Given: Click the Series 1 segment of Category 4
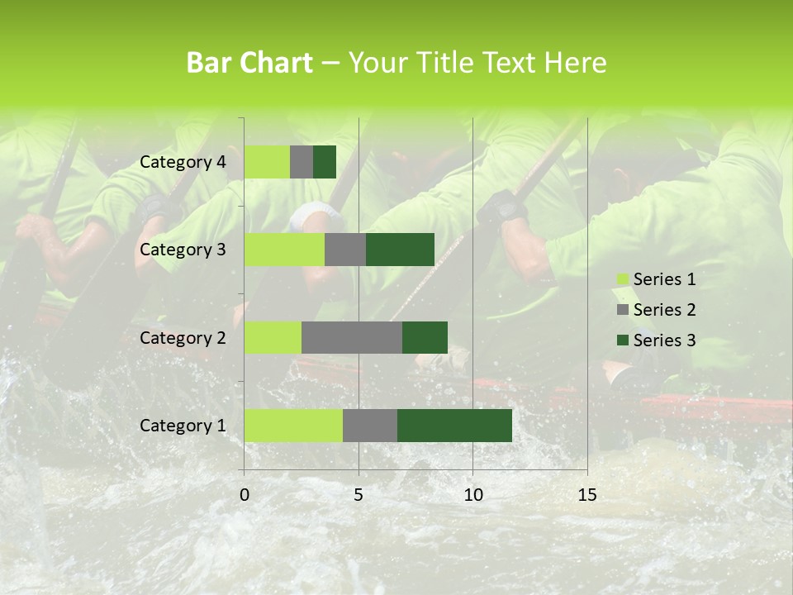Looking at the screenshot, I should click(267, 162).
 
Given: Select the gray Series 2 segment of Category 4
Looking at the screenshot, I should click(302, 162).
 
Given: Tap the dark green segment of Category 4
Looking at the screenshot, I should click(325, 162).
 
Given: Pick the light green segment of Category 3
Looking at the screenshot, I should click(284, 250).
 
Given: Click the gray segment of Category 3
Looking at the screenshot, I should click(345, 250).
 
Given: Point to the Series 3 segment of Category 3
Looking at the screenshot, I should click(400, 250).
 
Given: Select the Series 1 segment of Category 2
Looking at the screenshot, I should click(273, 337).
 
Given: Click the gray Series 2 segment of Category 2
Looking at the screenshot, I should click(352, 337).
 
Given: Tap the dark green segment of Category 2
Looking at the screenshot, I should click(425, 337).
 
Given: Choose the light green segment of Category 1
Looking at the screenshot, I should click(293, 426).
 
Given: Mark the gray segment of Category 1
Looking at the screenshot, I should click(370, 426).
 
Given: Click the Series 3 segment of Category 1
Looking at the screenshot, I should click(454, 426).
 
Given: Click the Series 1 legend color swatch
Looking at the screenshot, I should click(622, 279).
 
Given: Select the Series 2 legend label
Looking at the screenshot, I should click(664, 310).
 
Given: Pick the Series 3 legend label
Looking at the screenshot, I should click(664, 340).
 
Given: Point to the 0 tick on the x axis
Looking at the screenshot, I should click(245, 495).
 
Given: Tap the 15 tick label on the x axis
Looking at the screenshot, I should click(586, 495).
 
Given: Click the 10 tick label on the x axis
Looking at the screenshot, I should click(472, 495).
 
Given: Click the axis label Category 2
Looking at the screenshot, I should click(183, 337).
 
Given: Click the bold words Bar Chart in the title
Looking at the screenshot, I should click(249, 63).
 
